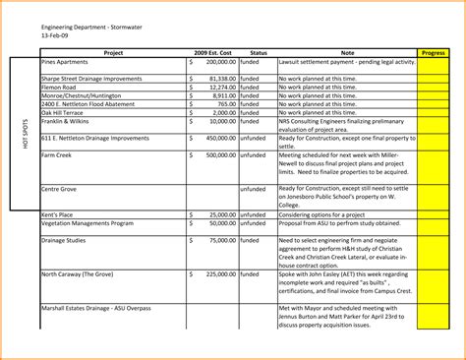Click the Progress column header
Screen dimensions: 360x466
pos(433,52)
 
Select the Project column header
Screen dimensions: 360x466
pos(113,52)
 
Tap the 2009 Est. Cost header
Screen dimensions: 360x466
pos(213,52)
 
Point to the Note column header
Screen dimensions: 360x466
pos(347,52)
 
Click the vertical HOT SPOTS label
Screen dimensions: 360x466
pos(24,134)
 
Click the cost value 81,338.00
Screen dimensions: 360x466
pos(222,78)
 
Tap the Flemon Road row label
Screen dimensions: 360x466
pos(59,87)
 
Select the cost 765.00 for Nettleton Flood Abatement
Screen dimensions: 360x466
pos(226,103)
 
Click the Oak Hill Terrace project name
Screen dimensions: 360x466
pos(64,112)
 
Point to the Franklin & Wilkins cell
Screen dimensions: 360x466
pos(66,121)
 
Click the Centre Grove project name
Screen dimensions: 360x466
pos(60,188)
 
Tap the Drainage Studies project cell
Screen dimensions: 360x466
pos(64,240)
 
